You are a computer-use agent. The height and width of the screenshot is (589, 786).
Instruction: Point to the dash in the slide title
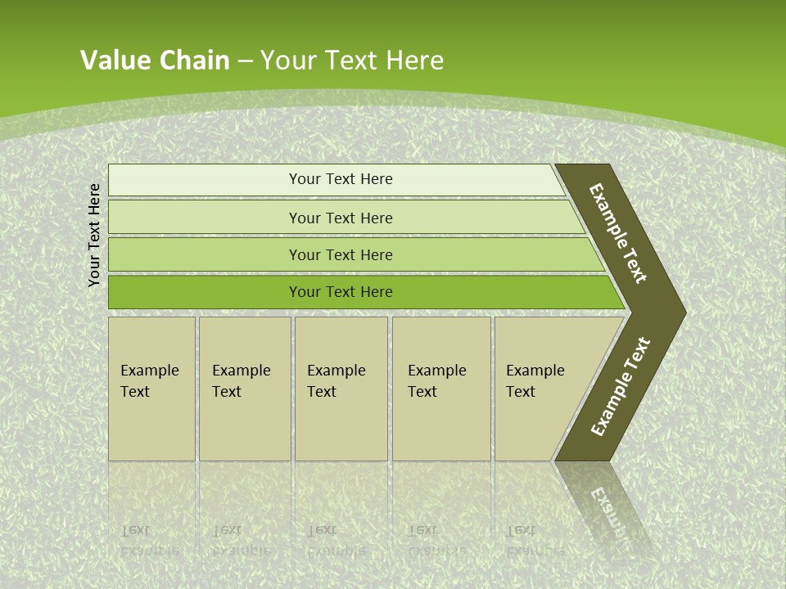[245, 61]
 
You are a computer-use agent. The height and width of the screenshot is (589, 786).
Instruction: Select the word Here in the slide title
[414, 61]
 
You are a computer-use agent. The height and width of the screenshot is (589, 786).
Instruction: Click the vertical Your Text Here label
[94, 235]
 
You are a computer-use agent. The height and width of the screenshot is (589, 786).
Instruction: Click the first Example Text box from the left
[151, 389]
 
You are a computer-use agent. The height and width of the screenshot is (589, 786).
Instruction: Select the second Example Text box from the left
[244, 389]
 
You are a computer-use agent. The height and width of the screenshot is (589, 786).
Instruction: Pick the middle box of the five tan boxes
[341, 389]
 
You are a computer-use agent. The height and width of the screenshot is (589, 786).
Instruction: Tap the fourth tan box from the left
[441, 389]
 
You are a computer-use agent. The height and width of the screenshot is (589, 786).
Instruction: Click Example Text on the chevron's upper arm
[618, 233]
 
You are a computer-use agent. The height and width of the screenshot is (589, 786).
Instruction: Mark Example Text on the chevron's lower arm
[620, 387]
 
